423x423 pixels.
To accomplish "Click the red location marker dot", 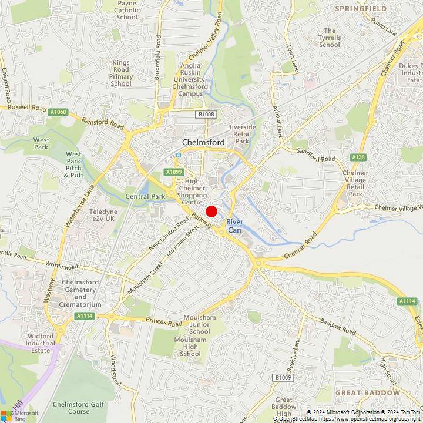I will click(211, 211).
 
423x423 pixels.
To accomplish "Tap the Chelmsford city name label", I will click(204, 142).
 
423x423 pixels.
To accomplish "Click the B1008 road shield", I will click(206, 114).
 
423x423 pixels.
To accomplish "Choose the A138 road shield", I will click(358, 157).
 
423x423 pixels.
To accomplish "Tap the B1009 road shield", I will click(283, 377).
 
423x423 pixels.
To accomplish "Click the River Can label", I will click(234, 226).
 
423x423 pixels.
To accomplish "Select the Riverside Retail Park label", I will click(242, 134).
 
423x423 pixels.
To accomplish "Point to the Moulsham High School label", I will click(190, 347).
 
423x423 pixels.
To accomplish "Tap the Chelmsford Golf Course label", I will click(78, 408).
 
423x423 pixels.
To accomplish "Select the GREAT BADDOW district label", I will click(368, 392).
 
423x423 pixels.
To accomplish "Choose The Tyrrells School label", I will click(330, 38).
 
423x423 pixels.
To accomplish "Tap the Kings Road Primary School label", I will click(121, 73).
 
